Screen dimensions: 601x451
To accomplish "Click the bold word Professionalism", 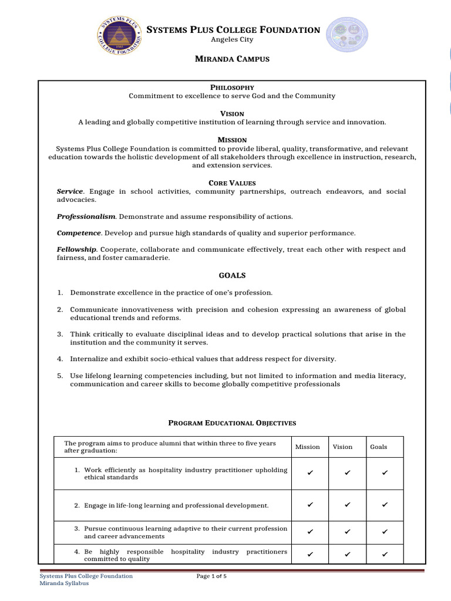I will pyautogui.click(x=86, y=217).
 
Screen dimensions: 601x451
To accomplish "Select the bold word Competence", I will pyautogui.click(x=78, y=233).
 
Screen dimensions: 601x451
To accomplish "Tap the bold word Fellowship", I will pyautogui.click(x=76, y=249).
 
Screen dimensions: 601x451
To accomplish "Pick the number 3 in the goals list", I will pyautogui.click(x=60, y=334).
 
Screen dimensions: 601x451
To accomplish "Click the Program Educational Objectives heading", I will pyautogui.click(x=233, y=423).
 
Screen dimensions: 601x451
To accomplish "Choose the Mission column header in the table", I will pyautogui.click(x=308, y=447).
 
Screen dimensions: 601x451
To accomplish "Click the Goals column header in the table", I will pyautogui.click(x=379, y=447).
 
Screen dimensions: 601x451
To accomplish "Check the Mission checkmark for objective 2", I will pyautogui.click(x=310, y=505).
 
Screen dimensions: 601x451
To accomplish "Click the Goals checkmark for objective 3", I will pyautogui.click(x=385, y=532).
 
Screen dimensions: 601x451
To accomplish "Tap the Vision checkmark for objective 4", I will pyautogui.click(x=348, y=554).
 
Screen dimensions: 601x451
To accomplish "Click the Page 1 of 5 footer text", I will pyautogui.click(x=211, y=576).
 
